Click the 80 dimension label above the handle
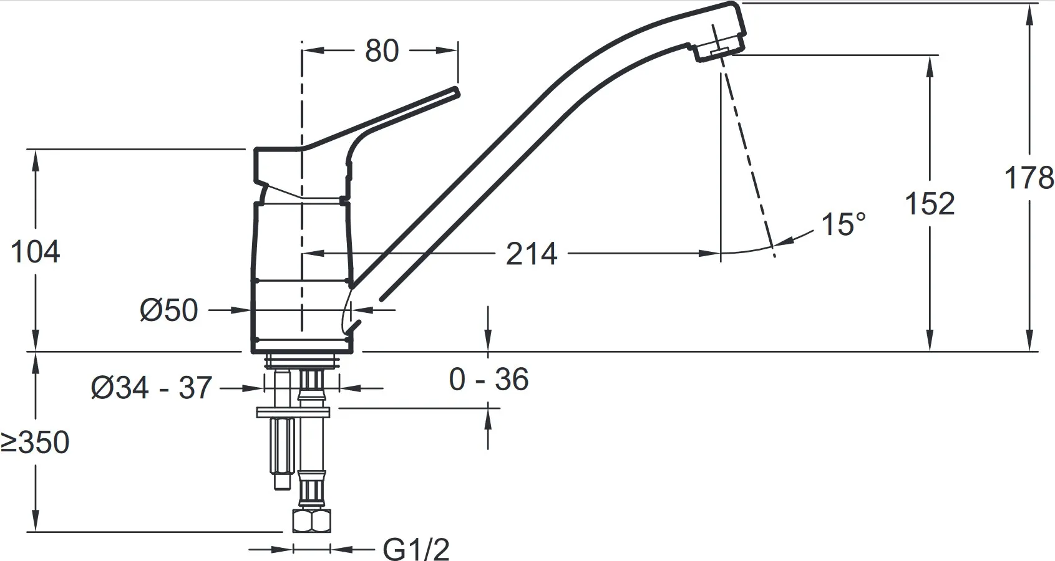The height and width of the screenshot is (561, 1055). (x=381, y=50)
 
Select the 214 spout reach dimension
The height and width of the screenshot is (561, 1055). (x=532, y=254)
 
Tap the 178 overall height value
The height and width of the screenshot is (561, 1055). (x=1029, y=178)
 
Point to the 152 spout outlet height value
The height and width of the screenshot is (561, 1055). (x=930, y=203)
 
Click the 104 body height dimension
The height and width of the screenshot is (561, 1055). (x=35, y=252)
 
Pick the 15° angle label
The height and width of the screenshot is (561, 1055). (x=843, y=224)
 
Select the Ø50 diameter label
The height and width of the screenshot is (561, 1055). (x=168, y=310)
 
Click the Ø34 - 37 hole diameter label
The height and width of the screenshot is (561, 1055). (x=152, y=388)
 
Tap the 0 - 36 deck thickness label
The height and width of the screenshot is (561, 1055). (x=489, y=380)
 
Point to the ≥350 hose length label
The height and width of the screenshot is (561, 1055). (x=35, y=443)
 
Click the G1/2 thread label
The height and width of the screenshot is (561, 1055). (x=416, y=549)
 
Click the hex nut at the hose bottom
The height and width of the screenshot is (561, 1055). (x=311, y=520)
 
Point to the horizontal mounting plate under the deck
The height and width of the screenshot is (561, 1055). (x=293, y=413)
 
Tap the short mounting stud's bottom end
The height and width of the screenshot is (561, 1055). (x=281, y=488)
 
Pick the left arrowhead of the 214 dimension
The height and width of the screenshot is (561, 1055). (x=311, y=254)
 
